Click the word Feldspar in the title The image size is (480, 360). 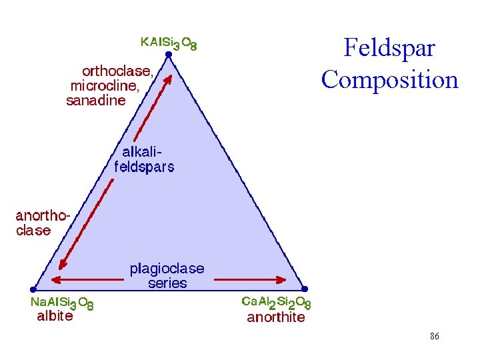389,48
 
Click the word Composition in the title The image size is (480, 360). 389,79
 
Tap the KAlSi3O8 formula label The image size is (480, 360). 169,43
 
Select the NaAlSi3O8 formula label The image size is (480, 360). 62,303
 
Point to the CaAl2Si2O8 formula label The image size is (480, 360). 275,303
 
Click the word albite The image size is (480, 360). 55,317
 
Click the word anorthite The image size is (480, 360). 275,317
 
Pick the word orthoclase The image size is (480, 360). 117,71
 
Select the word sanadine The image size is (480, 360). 96,101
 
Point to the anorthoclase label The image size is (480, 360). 42,223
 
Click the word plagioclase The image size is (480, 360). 167,269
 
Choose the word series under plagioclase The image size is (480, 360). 167,283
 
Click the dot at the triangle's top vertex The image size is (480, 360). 169,56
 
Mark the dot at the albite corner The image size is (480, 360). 33,289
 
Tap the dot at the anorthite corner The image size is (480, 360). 305,289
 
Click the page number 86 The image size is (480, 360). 434,337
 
